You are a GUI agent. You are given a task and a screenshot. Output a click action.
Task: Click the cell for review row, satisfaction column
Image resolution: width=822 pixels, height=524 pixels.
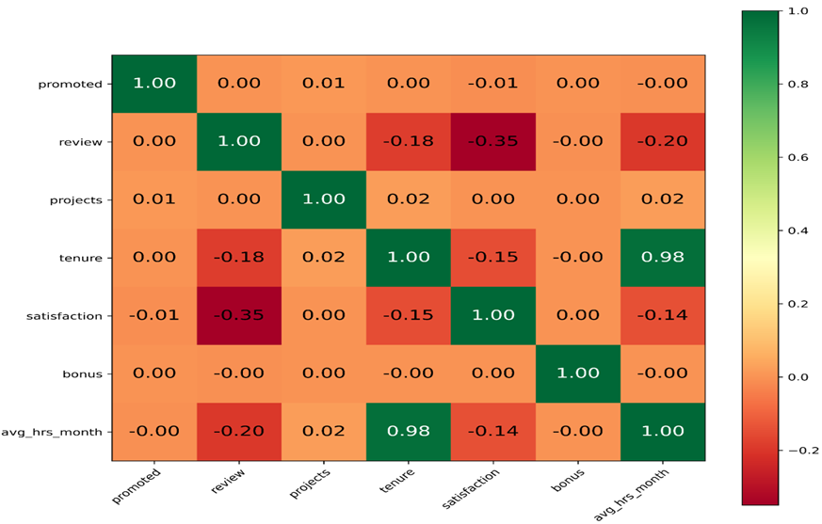[x=493, y=141]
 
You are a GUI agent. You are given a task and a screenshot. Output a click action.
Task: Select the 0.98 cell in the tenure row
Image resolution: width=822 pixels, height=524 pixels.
[x=663, y=257]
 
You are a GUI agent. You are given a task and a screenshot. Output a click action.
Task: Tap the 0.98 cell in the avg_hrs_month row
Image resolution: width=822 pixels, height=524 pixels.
[x=409, y=431]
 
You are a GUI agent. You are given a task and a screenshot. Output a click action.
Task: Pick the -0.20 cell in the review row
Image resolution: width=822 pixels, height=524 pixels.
[x=663, y=141]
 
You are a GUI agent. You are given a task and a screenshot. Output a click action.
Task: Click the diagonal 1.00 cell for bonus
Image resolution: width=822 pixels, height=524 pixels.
[x=578, y=373]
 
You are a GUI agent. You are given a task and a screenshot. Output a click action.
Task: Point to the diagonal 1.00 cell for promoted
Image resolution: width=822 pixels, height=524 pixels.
[x=154, y=83]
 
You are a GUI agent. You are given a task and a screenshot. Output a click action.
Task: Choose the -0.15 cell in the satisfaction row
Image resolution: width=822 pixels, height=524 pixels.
[x=409, y=315]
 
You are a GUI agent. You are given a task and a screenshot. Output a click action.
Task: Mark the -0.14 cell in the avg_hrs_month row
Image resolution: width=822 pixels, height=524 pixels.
[x=493, y=431]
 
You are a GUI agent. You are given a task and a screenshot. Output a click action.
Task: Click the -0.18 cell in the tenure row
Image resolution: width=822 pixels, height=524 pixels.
[x=239, y=257]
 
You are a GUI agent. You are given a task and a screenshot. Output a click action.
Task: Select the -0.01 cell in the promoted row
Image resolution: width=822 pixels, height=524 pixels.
[x=493, y=83]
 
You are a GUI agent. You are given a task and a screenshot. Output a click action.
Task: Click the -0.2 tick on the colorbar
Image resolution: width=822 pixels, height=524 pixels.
[x=798, y=450]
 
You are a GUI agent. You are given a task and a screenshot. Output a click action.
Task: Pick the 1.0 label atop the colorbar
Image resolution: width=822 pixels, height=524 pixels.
[x=798, y=10]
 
